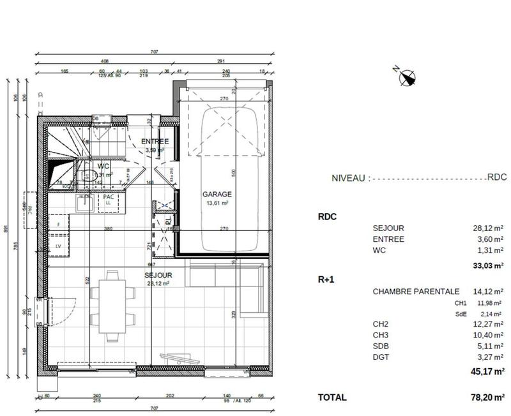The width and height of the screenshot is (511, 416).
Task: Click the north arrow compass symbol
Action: [x=406, y=77]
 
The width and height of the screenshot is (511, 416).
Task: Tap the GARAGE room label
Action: [x=217, y=194]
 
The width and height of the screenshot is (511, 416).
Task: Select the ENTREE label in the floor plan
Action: [x=155, y=142]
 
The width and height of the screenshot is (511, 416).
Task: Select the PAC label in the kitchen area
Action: [x=109, y=197]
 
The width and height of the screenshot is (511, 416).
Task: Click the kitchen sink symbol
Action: [x=84, y=204]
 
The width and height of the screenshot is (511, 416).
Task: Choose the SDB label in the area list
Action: [x=381, y=346]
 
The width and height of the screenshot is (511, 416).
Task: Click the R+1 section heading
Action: [x=327, y=279]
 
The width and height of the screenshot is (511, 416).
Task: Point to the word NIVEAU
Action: [x=348, y=179]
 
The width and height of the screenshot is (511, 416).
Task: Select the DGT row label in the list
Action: [x=381, y=357]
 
